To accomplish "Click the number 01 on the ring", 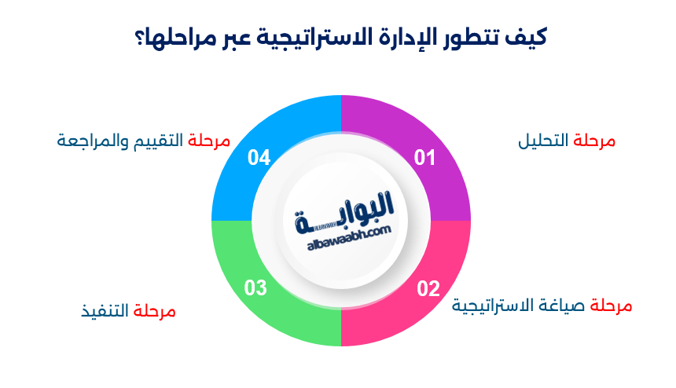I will tap(424, 158).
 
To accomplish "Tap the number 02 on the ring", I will tap(428, 288).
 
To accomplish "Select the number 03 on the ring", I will tap(255, 288).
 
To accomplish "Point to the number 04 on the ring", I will tap(259, 158).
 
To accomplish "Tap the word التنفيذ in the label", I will tap(105, 311).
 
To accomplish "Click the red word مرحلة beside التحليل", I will tap(594, 141).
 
